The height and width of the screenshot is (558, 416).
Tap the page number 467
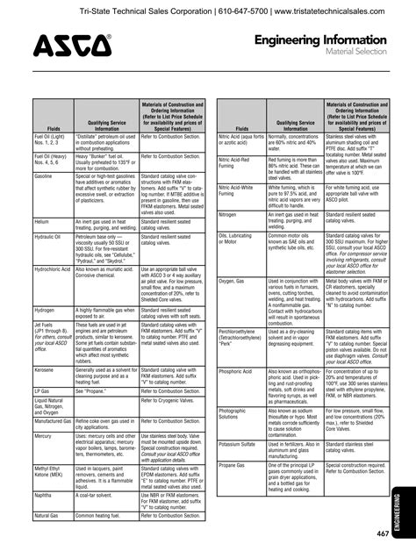pos(383,534)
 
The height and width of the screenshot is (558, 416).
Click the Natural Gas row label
pos(48,516)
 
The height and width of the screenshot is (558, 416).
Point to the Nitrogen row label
pos(227,214)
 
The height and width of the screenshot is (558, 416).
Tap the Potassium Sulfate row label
pos(238,444)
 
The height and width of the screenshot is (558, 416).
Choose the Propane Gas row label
pos(233,464)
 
